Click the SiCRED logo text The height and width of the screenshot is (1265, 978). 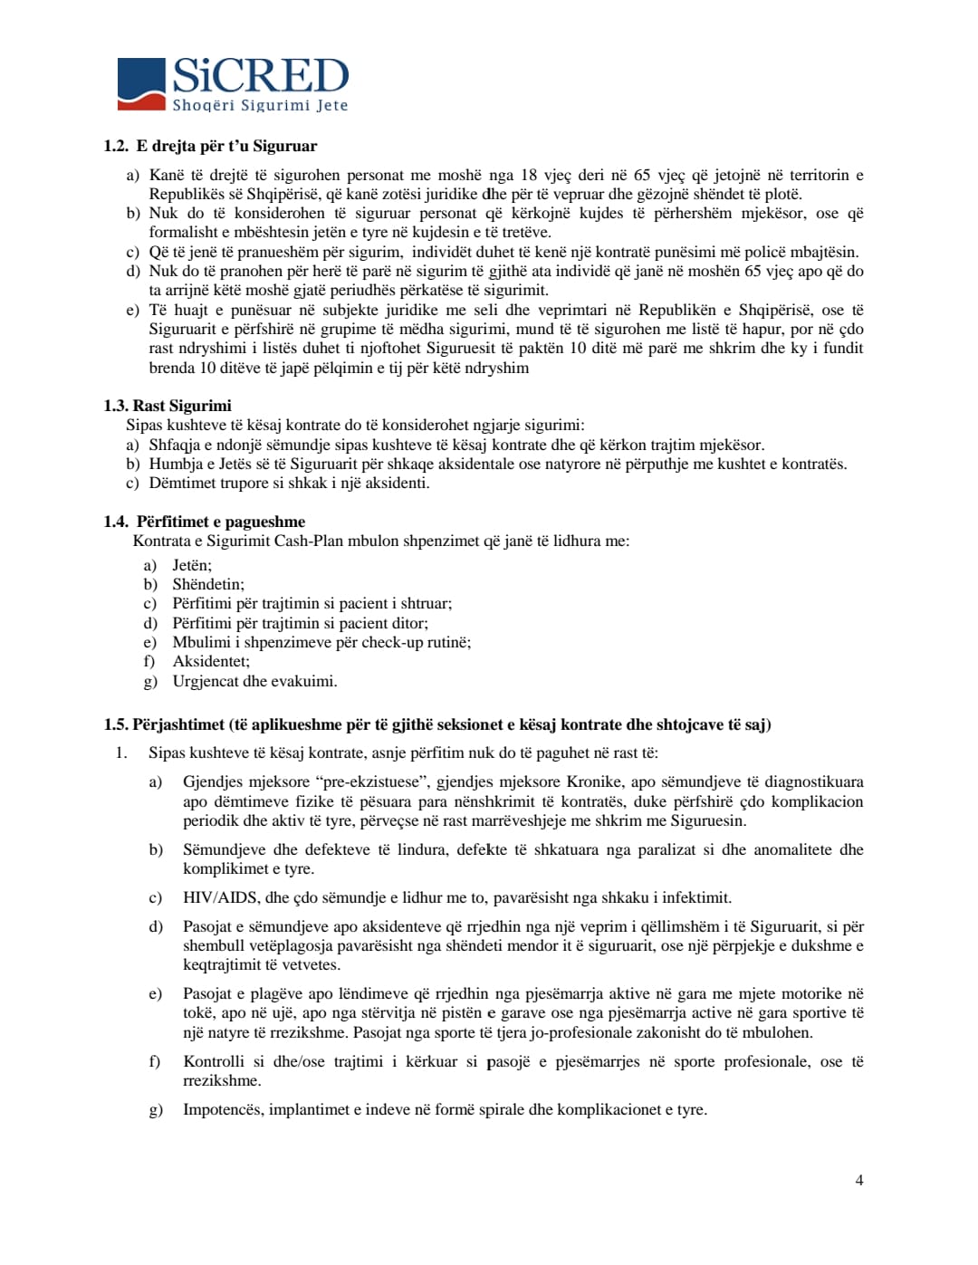pos(260,76)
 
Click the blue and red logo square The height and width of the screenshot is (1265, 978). pos(141,84)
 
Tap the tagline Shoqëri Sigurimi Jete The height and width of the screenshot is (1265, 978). pos(260,105)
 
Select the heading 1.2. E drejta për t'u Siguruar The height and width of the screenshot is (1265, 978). pos(210,146)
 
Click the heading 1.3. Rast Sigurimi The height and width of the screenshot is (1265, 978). pos(168,406)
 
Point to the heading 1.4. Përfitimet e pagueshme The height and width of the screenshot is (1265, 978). pos(205,522)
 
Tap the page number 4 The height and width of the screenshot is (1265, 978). pos(859,1180)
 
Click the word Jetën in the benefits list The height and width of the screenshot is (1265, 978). pos(192,565)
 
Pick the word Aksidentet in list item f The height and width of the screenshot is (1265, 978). pos(211,661)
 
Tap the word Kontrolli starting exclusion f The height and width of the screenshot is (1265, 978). pos(214,1061)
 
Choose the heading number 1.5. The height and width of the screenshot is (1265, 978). pos(115,724)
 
